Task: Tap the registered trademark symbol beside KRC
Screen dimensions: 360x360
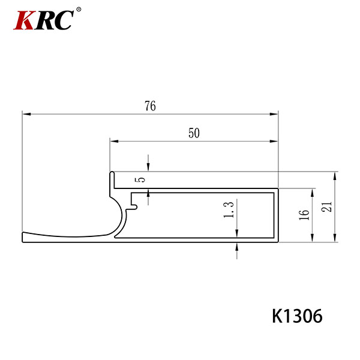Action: click(79, 10)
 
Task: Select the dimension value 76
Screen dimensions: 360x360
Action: click(150, 106)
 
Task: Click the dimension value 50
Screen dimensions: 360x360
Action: click(194, 133)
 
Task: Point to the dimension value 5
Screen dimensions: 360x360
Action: click(142, 179)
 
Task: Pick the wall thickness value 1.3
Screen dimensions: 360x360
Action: click(229, 210)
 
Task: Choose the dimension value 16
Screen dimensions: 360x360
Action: click(304, 215)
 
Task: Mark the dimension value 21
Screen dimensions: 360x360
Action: click(327, 206)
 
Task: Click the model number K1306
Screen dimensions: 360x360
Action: click(297, 316)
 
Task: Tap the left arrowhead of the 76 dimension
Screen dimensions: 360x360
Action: click(26, 114)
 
